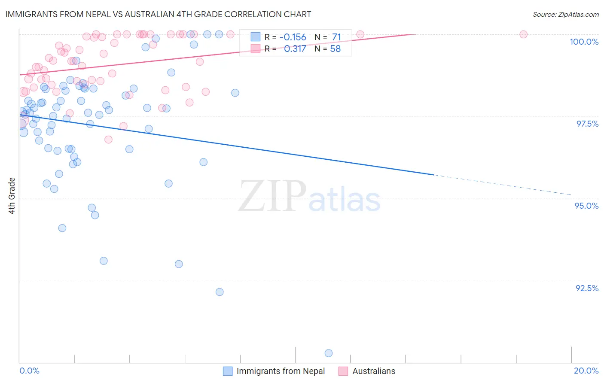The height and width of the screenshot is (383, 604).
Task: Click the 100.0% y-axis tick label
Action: pos(584,42)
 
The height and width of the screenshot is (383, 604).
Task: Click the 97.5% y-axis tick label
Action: pos(587,124)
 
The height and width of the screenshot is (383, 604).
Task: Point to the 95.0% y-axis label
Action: pos(586,206)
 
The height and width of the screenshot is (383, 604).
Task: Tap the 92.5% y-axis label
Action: pos(587,288)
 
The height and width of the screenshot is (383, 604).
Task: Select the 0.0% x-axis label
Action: pos(29,371)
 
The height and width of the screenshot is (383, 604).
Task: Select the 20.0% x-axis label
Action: pos(586,371)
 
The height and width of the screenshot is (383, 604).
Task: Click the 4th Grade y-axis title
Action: pos(12,196)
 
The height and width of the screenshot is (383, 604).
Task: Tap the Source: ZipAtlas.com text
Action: pos(565,14)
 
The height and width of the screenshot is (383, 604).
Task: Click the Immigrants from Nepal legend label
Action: pos(281,371)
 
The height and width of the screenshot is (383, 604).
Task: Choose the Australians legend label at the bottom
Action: pos(374,371)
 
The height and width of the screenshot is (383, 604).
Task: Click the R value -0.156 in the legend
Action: pos(293,37)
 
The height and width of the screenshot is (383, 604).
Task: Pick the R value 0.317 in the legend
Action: pos(295,49)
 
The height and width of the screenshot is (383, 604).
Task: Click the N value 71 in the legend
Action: pos(336,37)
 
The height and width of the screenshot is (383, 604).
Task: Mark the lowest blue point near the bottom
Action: pos(329,353)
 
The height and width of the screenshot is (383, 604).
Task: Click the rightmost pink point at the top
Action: pos(523,34)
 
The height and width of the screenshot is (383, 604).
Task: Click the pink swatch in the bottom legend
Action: pos(343,371)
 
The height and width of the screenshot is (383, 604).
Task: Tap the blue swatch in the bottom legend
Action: pos(228,371)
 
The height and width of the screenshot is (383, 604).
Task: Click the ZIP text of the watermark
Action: pos(272,196)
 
